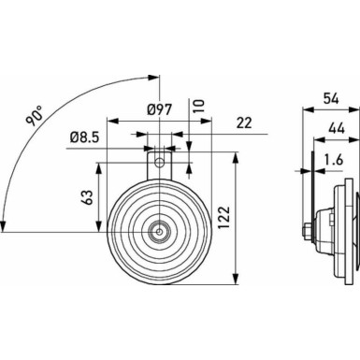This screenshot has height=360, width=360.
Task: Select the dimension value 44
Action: coord(335,126)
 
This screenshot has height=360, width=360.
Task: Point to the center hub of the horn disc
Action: coord(161,226)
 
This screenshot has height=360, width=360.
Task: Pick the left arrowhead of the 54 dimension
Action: coord(306,108)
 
